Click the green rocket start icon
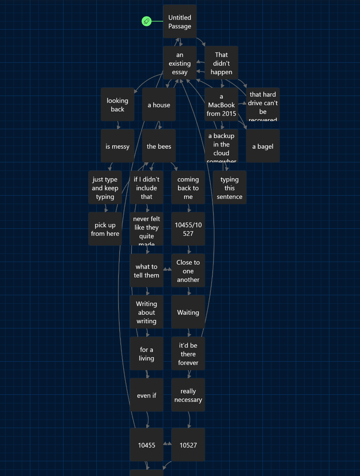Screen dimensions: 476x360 coord(147,21)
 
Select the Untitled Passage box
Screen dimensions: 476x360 coord(180,21)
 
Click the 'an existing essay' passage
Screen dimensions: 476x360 coord(180,63)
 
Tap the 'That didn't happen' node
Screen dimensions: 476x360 coord(222,63)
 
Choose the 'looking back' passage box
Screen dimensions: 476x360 coord(117,105)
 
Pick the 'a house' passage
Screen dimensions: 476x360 coord(159,105)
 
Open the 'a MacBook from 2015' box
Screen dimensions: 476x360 coord(222,105)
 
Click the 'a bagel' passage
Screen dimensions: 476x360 coord(263,146)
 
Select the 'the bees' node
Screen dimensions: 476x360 coord(159,146)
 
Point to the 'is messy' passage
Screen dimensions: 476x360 coord(117,146)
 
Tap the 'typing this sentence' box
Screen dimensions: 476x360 coord(230,188)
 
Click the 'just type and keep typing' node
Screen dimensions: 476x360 coord(105,188)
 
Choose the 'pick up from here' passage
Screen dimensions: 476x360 coord(105,229)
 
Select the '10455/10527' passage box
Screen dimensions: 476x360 coord(188,229)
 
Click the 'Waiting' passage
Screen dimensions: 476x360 coord(188,312)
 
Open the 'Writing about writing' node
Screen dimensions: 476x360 coord(147,312)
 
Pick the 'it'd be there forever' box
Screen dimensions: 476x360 coord(188,354)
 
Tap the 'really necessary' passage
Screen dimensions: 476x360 coord(188,395)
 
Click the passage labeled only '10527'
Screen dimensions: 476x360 coord(188,445)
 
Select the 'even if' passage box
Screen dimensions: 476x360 coord(147,395)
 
